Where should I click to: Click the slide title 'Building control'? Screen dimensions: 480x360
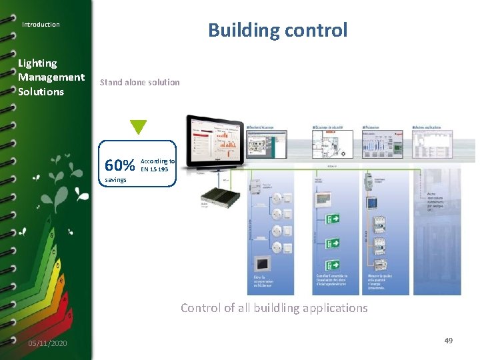tap(277, 30)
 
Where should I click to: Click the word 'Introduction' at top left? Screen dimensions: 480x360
tap(41, 25)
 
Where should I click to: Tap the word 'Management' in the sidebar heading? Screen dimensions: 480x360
tap(51, 77)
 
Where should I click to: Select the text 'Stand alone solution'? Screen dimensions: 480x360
tap(139, 83)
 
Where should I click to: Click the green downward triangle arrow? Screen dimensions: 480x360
tap(138, 127)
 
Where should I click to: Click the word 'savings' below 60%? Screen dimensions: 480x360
tap(116, 180)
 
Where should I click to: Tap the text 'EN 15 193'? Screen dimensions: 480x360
tap(154, 169)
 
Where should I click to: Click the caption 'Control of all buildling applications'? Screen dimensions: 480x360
tap(274, 308)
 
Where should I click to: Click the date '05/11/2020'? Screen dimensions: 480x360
tap(47, 343)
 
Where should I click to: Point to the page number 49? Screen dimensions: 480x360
tap(449, 341)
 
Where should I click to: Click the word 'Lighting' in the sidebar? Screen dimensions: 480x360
tap(37, 63)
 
